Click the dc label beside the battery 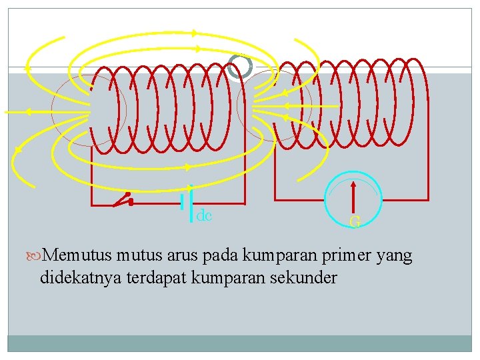204,215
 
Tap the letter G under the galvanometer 355,222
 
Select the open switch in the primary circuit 123,198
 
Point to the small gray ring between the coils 239,66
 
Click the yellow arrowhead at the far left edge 27,67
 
